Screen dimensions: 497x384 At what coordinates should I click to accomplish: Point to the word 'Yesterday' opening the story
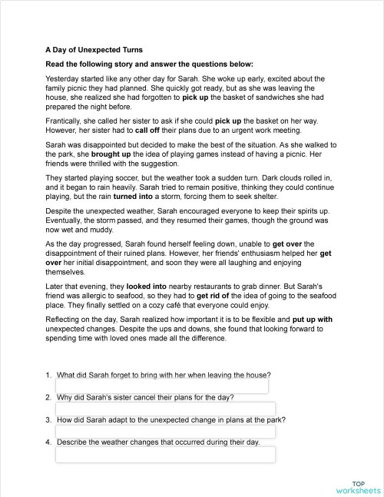[62, 78]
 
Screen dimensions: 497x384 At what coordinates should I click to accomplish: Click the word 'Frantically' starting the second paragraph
[65, 121]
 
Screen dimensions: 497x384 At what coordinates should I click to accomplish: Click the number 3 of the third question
[48, 420]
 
